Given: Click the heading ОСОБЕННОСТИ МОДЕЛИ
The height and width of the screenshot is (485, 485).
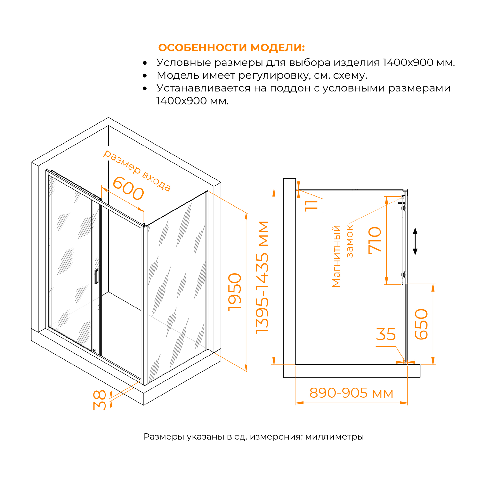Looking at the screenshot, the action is coord(231,48).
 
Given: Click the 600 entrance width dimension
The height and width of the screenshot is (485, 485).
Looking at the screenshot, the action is coord(128,188).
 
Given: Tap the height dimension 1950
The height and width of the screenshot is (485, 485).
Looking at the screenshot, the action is coord(235,292).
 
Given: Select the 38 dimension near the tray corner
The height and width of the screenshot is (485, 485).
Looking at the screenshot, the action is coord(100,400).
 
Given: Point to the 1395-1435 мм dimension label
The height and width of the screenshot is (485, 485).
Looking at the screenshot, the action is coord(262,278).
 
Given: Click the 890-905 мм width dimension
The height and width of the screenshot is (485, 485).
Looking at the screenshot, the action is coord(351,393).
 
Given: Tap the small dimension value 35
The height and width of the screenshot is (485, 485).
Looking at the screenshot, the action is coord(386,334).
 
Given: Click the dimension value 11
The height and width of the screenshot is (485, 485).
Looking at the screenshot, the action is coord(311,206).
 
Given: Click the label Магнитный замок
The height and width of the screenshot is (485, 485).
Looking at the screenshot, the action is coord(343,256).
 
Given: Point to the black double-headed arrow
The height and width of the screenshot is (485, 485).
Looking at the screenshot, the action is coord(415,242).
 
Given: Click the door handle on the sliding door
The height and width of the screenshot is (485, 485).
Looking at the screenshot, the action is coord(96,277).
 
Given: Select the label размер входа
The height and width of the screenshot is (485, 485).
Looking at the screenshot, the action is coord(137,170).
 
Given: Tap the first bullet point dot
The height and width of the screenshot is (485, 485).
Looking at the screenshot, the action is coord(145,63).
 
